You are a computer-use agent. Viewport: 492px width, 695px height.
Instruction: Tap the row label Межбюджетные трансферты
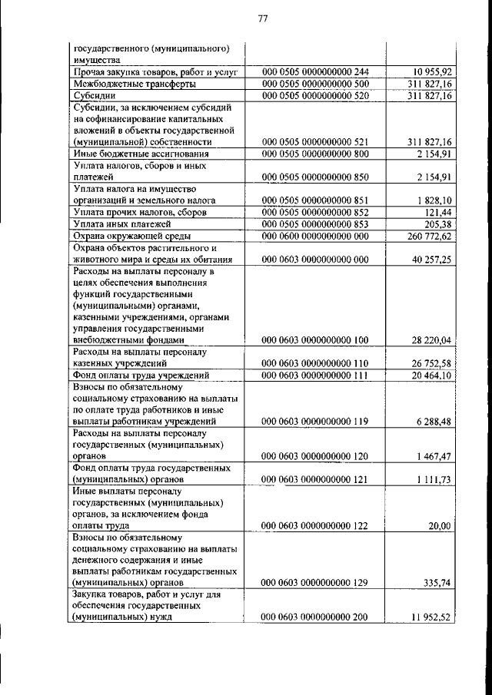[133, 83]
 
